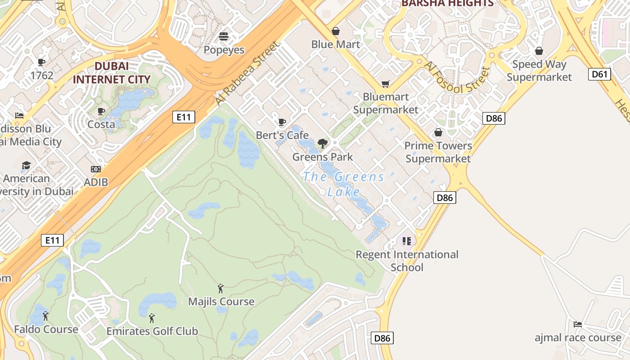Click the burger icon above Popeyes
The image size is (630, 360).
coord(224,36)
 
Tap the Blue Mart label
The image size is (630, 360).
coord(336,44)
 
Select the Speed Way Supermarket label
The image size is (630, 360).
coord(539,71)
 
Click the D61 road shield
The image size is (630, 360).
coord(599,74)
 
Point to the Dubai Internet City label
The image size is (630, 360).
coord(112,73)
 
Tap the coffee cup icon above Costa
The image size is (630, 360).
coord(101,111)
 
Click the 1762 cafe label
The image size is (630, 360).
coord(42,75)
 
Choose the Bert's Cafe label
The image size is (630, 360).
coord(282,135)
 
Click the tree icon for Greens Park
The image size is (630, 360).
coord(322,144)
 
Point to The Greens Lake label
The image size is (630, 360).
coord(344,184)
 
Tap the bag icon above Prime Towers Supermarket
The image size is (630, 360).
coord(438,133)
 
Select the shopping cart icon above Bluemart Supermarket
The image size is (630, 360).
coord(385,84)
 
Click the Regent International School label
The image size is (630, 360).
coord(407,261)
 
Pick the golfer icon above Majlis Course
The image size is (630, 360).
coord(220,288)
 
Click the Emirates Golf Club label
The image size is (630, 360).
coord(152,331)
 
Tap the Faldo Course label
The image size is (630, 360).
coord(46,329)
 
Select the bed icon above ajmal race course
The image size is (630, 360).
coord(578,324)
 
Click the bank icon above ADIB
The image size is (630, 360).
coord(95,169)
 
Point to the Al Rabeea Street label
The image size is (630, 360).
coord(247,74)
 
